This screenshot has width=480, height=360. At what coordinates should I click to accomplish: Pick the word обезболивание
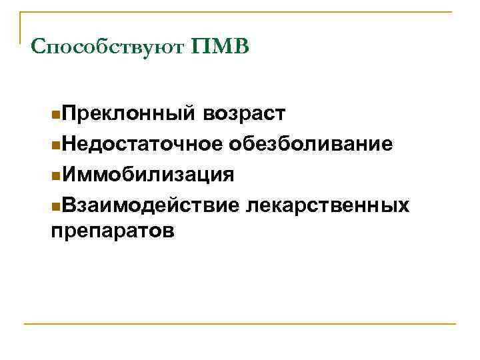(309, 145)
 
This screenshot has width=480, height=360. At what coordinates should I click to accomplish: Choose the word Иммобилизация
(145, 175)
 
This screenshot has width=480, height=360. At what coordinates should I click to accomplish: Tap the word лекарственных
(327, 205)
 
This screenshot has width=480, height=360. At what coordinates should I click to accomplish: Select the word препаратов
(113, 232)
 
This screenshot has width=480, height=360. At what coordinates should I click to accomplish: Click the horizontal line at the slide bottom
(240, 325)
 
